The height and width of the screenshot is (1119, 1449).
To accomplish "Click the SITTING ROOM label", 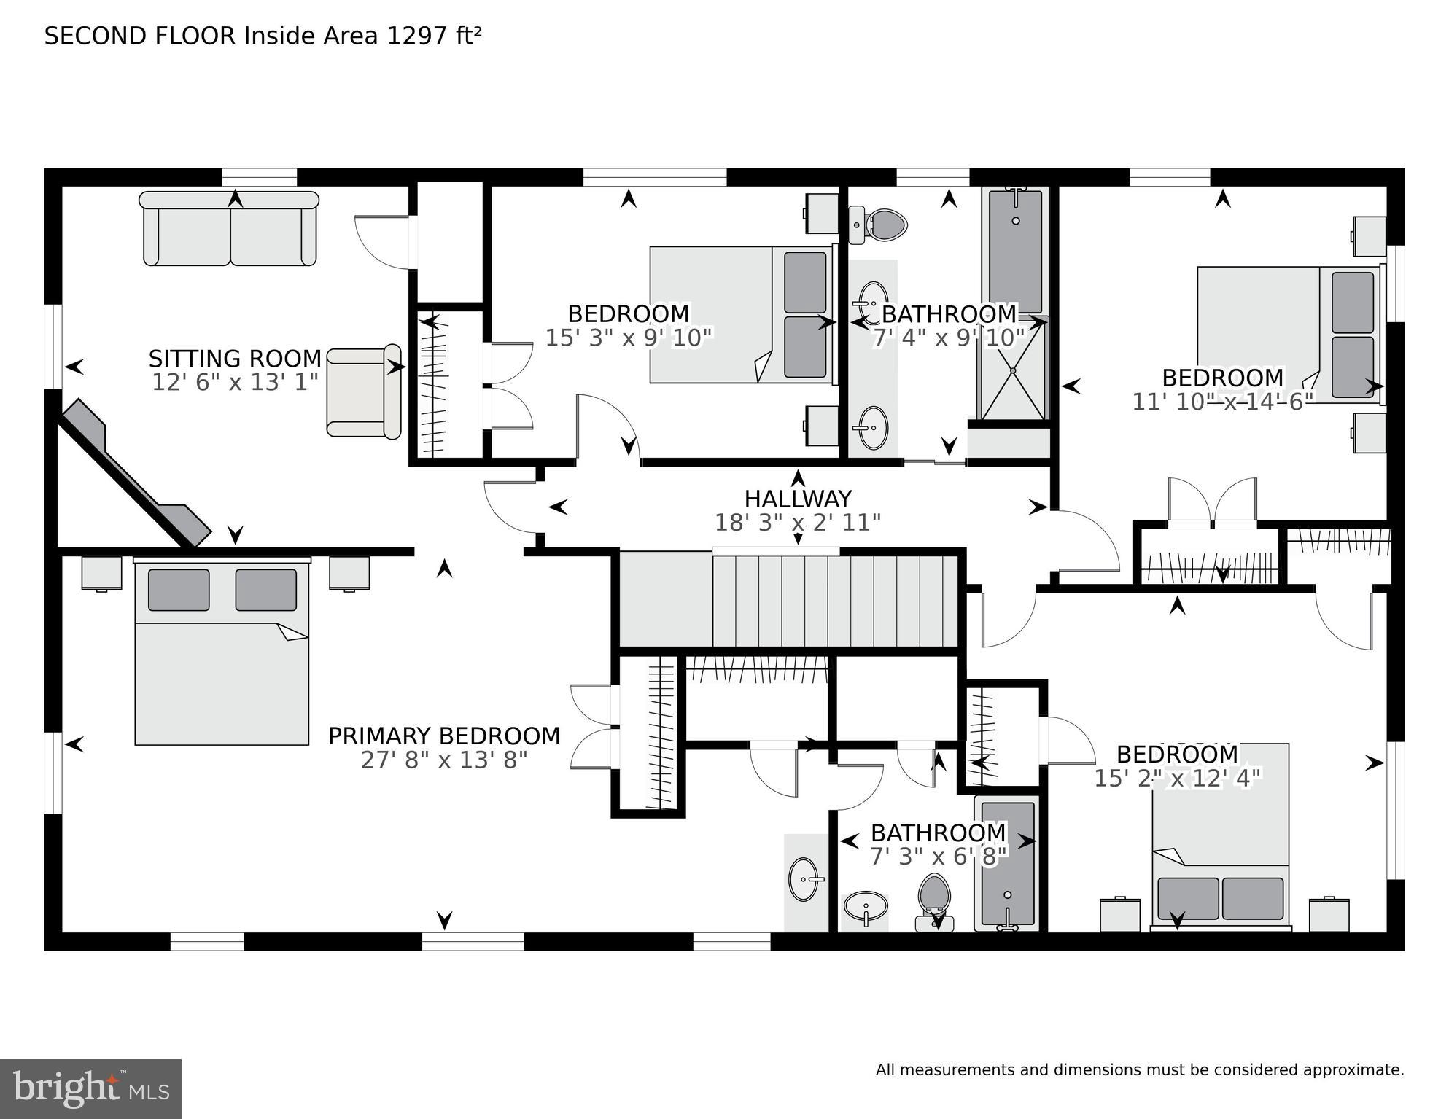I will coord(235,359).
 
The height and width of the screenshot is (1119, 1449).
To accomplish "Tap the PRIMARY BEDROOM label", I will coord(444,736).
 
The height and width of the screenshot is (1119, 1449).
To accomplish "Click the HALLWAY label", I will coord(798,499).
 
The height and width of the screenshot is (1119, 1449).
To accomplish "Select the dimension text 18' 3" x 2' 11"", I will coord(798,523).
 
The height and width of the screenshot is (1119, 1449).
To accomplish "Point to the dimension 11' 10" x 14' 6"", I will coord(1222,402).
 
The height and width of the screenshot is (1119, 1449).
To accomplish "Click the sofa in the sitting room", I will coord(230,229).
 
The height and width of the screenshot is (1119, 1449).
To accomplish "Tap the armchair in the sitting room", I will coord(363,391).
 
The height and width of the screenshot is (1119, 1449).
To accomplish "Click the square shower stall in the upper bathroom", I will coord(1013,370).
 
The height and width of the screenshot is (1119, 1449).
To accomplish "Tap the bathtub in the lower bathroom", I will coord(1008,864).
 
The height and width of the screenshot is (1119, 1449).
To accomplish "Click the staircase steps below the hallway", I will coord(835,601).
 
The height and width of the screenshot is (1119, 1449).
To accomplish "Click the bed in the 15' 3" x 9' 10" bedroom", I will coord(740,315).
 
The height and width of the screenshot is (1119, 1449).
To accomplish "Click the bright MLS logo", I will coord(90,1089).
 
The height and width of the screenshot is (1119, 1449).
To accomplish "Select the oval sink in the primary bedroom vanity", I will coord(804,879).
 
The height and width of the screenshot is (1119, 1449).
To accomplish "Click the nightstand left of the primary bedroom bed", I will coord(101,573).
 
